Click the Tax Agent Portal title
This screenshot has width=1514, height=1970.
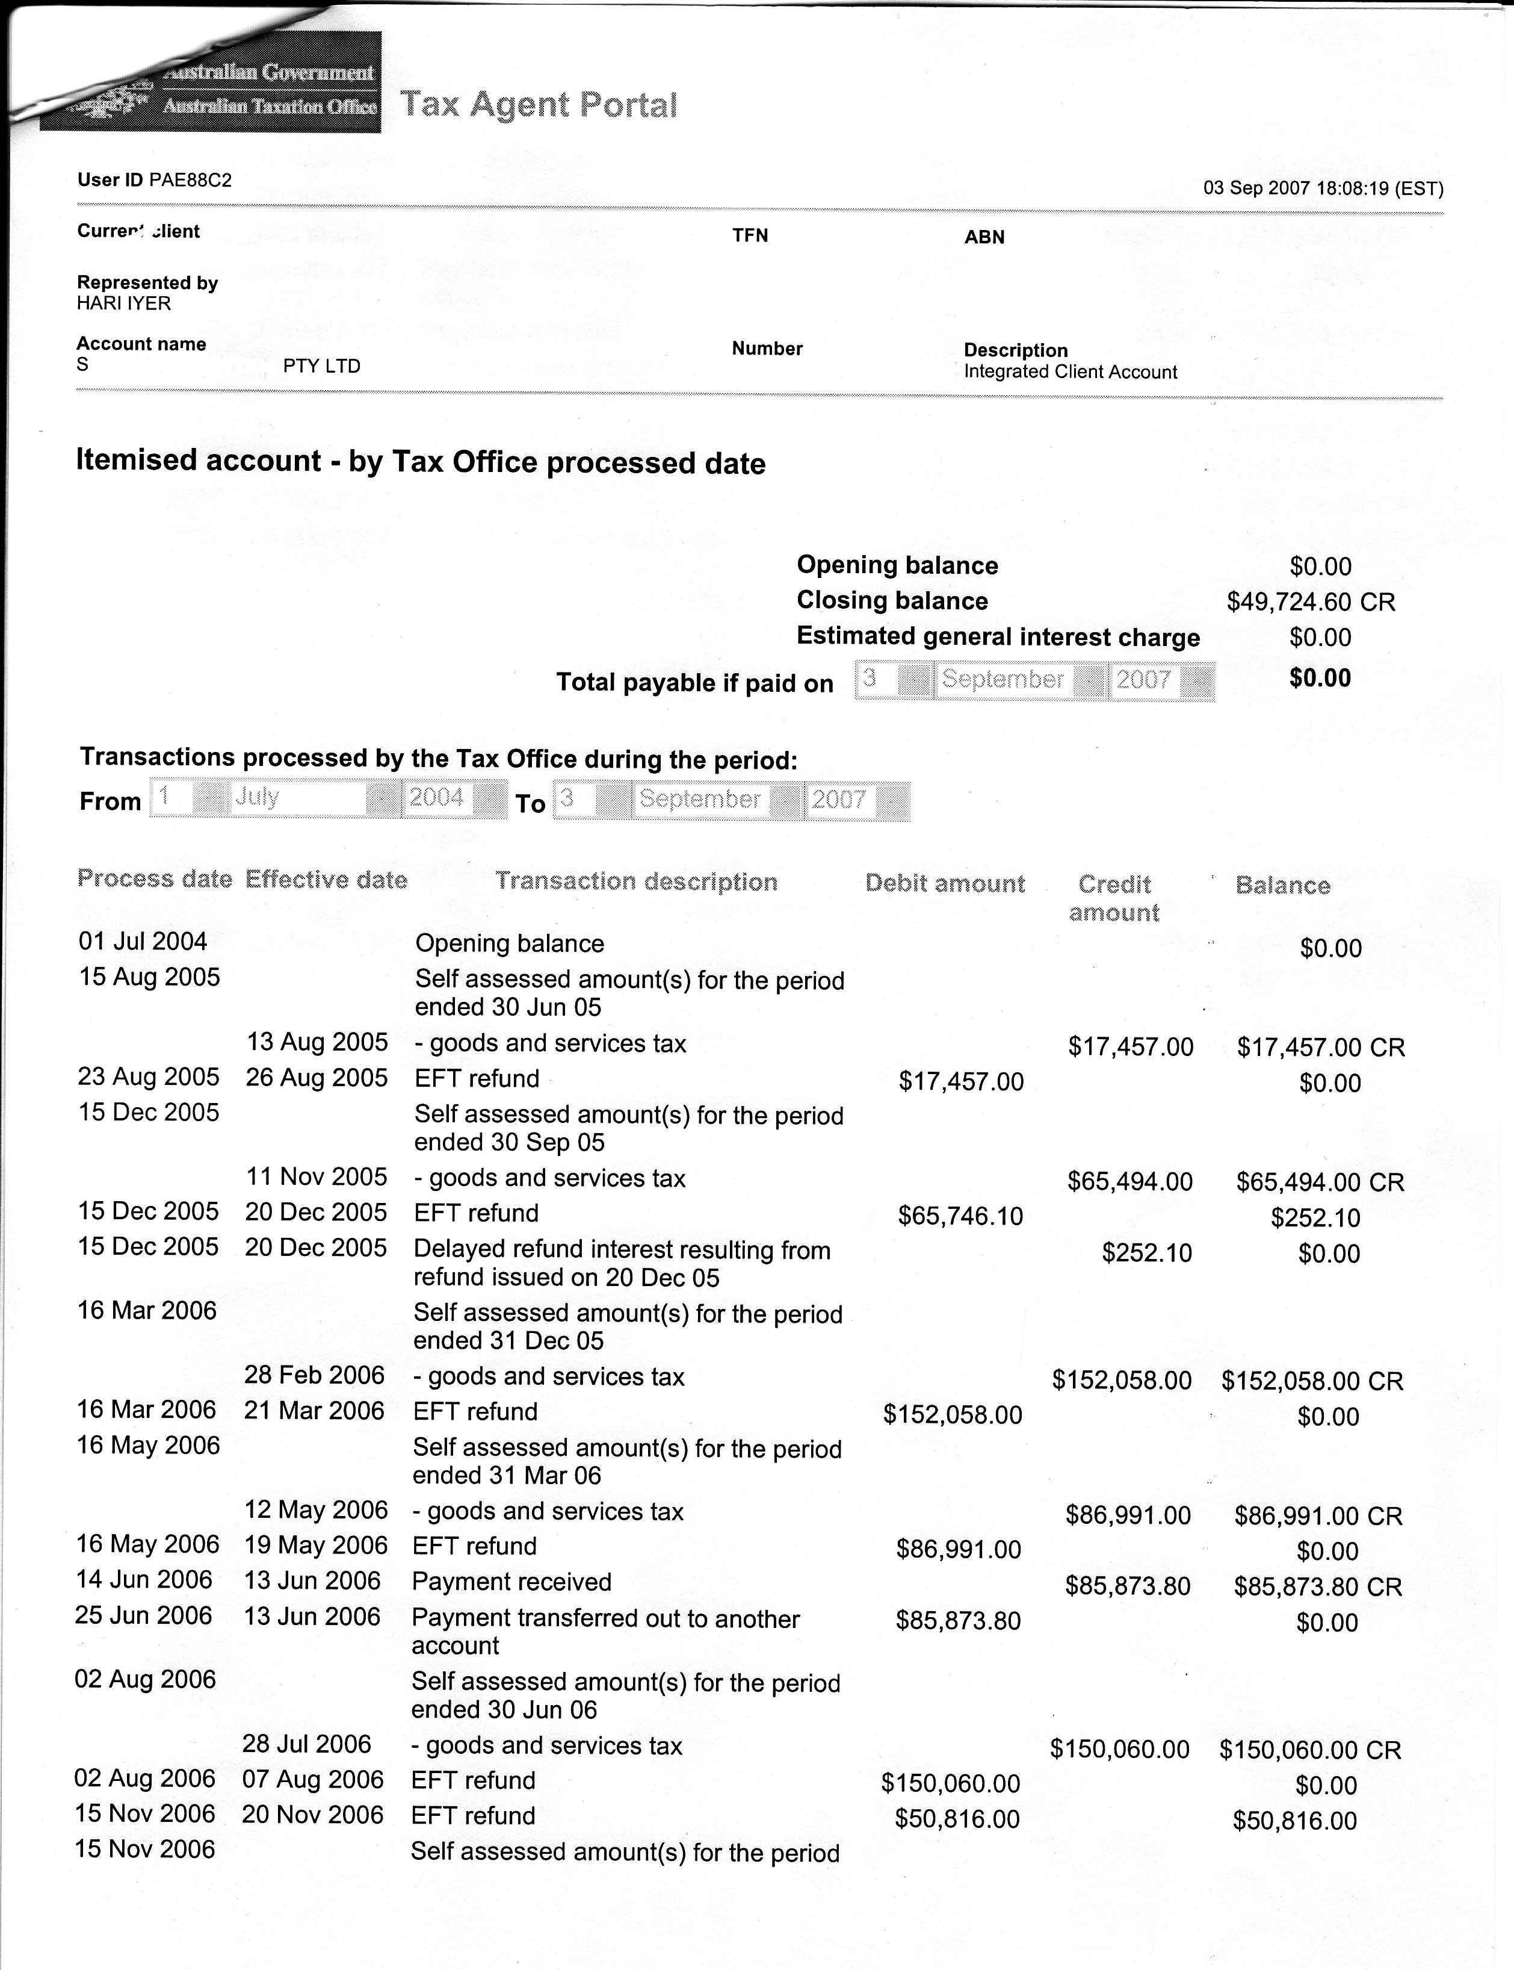click(538, 105)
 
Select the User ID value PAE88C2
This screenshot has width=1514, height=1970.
click(190, 180)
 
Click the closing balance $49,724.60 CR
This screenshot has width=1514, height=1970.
click(1311, 601)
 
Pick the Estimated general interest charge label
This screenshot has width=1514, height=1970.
click(998, 636)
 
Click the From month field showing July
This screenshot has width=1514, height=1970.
click(297, 798)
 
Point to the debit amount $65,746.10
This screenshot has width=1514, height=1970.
click(960, 1216)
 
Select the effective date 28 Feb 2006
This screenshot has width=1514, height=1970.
click(315, 1375)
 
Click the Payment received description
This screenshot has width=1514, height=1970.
click(511, 1582)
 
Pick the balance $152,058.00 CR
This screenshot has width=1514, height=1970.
click(1312, 1381)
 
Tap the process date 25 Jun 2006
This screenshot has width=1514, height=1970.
click(143, 1615)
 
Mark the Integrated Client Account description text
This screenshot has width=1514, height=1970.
click(1070, 372)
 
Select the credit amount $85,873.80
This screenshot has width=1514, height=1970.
click(1128, 1586)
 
